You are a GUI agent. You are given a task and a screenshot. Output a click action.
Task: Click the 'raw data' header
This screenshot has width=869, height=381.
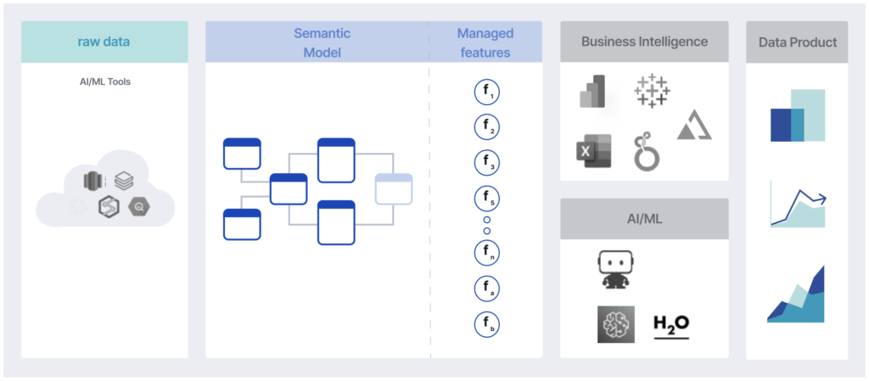point(104,42)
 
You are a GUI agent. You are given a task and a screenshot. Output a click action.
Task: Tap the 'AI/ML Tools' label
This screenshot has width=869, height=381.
point(104,82)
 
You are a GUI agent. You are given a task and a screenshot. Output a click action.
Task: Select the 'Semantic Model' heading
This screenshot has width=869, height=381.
point(322,42)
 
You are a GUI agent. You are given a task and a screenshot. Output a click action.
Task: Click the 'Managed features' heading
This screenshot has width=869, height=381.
point(485,42)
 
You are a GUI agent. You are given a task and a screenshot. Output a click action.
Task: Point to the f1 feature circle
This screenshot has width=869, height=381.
point(486,92)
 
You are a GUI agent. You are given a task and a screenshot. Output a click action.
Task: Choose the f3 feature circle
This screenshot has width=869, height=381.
point(486,163)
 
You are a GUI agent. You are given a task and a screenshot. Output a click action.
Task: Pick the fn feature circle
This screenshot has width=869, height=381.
point(486,253)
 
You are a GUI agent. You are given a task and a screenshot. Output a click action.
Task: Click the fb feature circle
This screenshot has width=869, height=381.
point(486,323)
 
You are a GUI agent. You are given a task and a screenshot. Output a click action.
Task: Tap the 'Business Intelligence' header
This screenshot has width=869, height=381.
point(644,42)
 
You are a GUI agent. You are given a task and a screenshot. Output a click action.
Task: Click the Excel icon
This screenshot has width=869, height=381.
point(592,151)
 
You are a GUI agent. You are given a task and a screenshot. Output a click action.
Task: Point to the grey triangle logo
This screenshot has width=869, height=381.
point(694,126)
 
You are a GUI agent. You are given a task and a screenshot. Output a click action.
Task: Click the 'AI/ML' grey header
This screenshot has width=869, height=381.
point(644,218)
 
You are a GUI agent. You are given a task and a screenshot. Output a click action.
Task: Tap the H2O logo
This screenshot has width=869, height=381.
point(671,325)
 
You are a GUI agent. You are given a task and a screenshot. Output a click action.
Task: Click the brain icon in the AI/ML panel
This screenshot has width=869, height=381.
point(615,324)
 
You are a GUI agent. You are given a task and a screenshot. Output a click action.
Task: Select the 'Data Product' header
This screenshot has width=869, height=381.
point(797,42)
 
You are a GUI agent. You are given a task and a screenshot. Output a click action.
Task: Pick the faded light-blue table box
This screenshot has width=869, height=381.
point(394,188)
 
